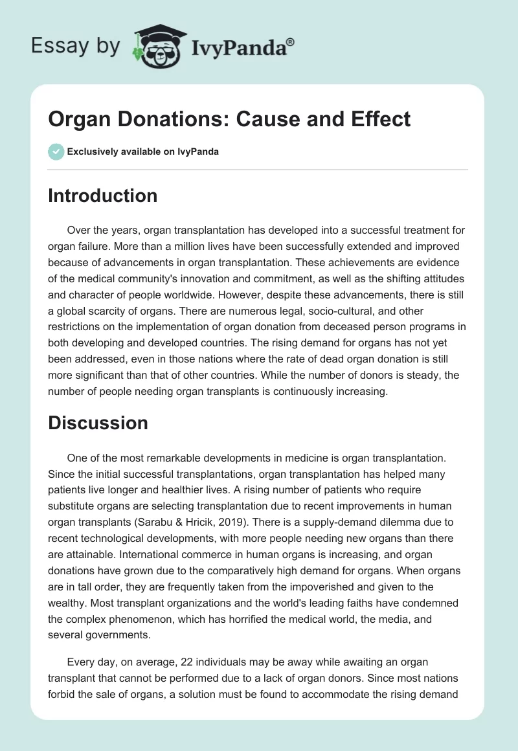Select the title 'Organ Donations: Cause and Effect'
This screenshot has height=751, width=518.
pyautogui.click(x=229, y=119)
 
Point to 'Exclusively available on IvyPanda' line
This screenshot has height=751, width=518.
pyautogui.click(x=142, y=151)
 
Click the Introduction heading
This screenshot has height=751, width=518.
pyautogui.click(x=102, y=196)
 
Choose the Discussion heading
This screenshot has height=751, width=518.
pyautogui.click(x=98, y=423)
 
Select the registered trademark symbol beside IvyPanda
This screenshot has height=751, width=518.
pyautogui.click(x=291, y=41)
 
